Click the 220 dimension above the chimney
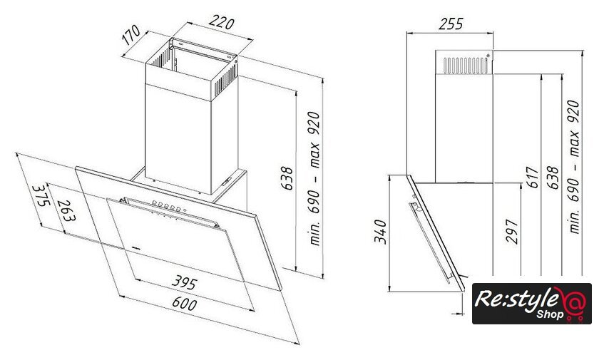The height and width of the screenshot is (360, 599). [x=221, y=23]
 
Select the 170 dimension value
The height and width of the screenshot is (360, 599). [x=131, y=35]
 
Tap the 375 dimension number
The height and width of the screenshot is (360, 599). [x=41, y=195]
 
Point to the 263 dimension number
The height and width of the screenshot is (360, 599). [x=66, y=211]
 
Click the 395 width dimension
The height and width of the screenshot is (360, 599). [x=185, y=282]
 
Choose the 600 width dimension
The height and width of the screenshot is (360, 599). [x=185, y=303]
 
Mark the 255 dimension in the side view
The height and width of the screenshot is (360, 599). [x=451, y=24]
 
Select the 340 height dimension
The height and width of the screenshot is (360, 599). [x=381, y=232]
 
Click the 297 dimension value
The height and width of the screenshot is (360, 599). [x=512, y=232]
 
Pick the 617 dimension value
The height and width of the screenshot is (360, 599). [x=533, y=177]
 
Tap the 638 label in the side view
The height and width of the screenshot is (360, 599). [x=553, y=177]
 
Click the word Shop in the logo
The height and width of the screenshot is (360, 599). [x=550, y=314]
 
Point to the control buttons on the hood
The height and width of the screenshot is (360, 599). [x=167, y=206]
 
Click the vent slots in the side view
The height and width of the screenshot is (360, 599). [x=466, y=66]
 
